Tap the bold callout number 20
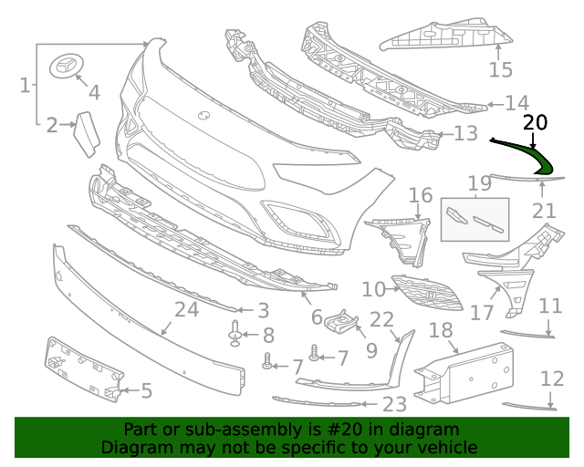tap(536, 122)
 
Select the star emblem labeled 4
tap(67, 67)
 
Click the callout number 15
tap(501, 69)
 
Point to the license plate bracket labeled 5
tap(83, 369)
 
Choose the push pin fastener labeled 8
tap(235, 333)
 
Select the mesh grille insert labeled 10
tap(427, 293)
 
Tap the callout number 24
tap(187, 309)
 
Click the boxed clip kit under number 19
tap(474, 220)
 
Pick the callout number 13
tap(466, 133)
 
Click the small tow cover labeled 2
tap(88, 134)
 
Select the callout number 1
tap(25, 85)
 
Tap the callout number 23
tap(395, 404)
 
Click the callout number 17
tap(482, 313)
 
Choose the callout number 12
tap(552, 379)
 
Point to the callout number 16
tap(421, 195)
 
